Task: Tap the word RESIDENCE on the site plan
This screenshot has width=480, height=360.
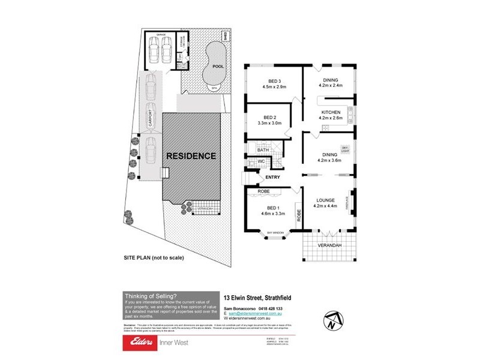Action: click(191, 156)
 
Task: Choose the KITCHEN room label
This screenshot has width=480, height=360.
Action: click(331, 112)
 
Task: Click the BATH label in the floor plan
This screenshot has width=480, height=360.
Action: click(263, 150)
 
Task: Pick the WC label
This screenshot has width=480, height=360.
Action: click(261, 161)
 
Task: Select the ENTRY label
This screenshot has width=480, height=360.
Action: click(272, 177)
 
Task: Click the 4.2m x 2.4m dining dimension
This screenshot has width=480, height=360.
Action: click(331, 86)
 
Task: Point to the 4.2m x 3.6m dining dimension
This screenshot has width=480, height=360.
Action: click(329, 160)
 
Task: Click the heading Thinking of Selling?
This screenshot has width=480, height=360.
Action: click(150, 296)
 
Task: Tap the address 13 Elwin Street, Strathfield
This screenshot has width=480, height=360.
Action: click(258, 296)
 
